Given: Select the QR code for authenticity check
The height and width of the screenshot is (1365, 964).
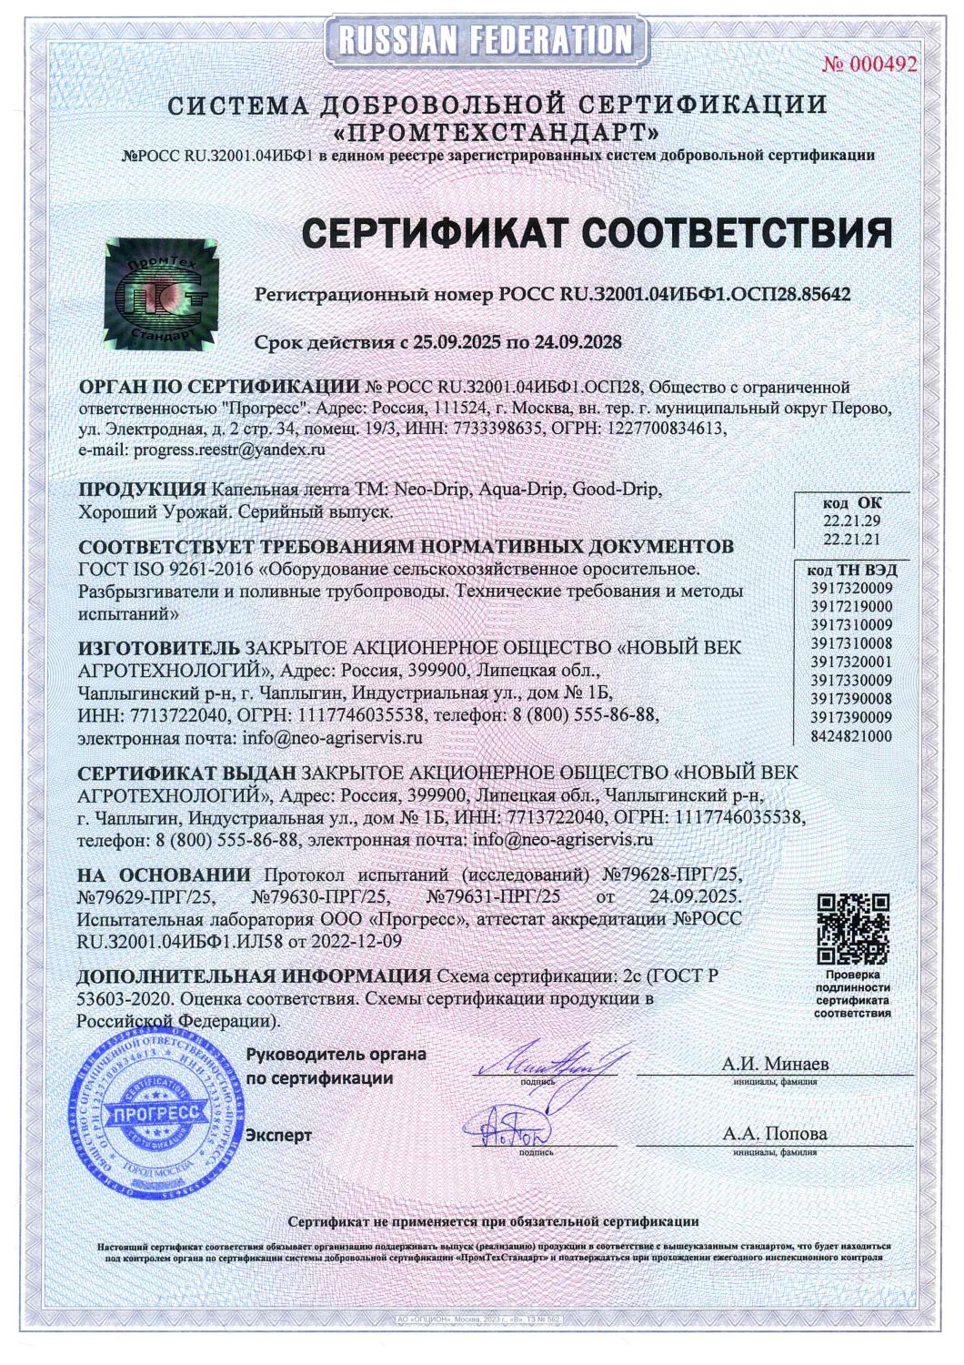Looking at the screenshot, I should pos(852,928).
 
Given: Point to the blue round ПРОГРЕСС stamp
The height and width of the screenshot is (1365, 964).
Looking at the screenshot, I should pos(145,1111).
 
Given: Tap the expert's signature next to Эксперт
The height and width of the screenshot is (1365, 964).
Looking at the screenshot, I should pos(515,1126).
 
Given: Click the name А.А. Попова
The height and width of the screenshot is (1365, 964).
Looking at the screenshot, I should pos(775,1134).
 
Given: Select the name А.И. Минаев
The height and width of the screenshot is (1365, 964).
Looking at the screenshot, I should pos(775,1063).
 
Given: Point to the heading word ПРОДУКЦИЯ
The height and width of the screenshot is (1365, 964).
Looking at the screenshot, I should pos(142,490).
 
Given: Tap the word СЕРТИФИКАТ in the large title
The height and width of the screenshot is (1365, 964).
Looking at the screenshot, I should pos(435,234).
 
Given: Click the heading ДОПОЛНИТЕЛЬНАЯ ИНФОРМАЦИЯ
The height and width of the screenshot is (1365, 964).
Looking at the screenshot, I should pos(254,976).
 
